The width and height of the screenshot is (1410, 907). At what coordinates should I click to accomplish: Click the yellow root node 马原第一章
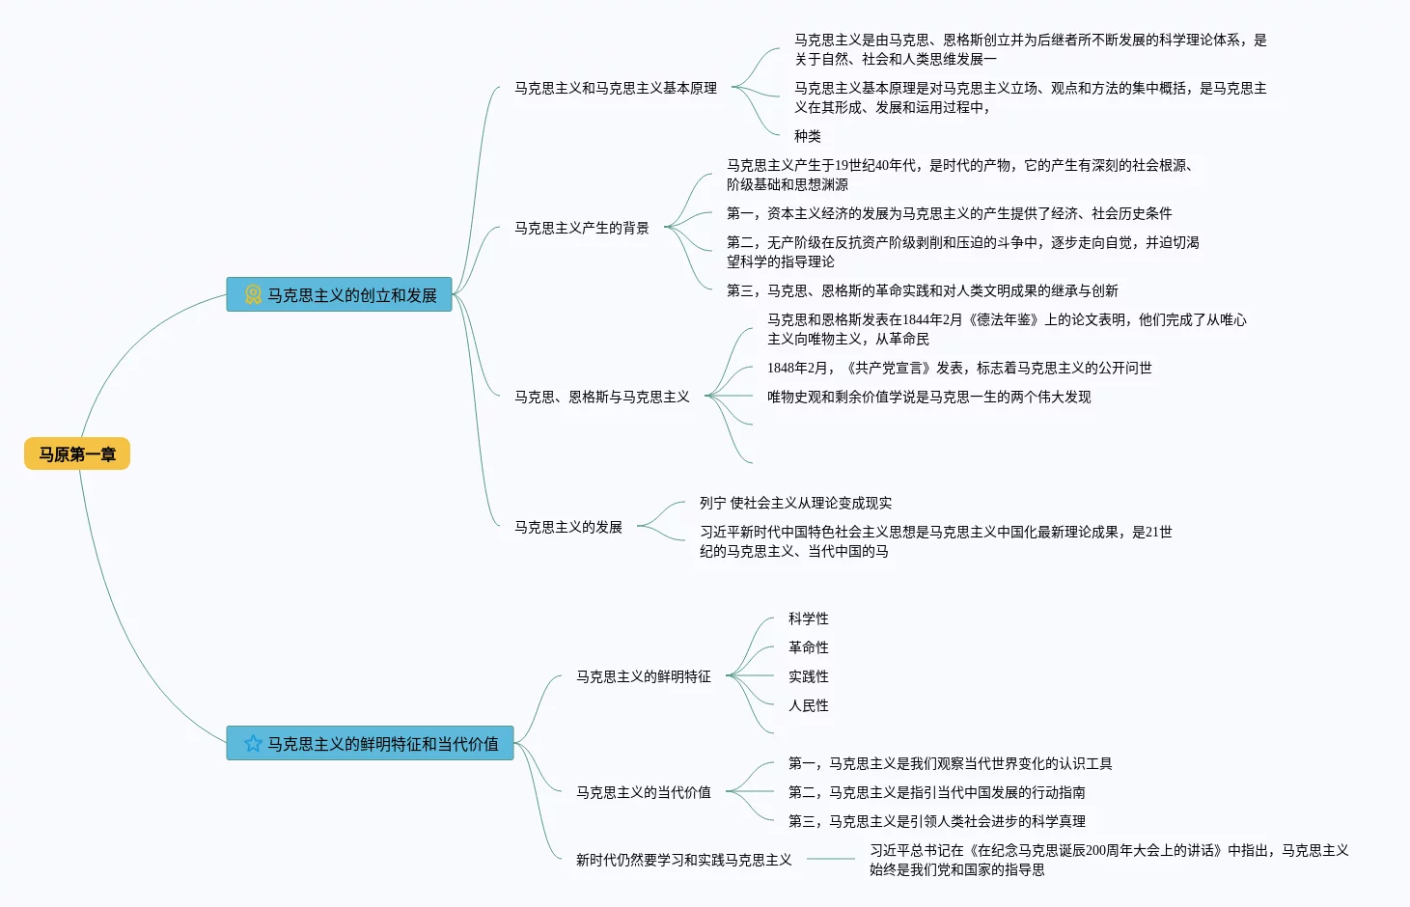77,453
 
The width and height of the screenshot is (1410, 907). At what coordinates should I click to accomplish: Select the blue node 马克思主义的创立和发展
340,294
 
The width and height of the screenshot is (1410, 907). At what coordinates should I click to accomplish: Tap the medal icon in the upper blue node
253,294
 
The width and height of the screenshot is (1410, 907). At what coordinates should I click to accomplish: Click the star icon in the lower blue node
253,743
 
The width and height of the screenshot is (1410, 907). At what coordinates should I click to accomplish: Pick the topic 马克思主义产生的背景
582,228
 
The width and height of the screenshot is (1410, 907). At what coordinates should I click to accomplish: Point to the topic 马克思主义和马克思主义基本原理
616,88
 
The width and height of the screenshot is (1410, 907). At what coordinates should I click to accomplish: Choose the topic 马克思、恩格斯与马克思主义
602,397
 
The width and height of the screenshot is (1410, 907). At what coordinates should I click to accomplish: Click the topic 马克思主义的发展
568,527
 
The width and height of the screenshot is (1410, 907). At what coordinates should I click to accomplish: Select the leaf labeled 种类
808,136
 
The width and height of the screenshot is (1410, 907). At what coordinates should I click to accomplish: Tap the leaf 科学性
808,618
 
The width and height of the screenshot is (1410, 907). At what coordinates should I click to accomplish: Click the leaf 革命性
808,647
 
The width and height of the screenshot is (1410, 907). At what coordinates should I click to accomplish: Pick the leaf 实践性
808,676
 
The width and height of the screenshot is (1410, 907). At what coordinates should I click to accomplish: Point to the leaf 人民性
808,705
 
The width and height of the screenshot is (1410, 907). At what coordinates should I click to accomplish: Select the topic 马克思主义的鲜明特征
644,676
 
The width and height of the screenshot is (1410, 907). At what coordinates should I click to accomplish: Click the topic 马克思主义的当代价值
644,792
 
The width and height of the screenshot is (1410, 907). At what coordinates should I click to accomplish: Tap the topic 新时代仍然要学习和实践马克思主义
683,860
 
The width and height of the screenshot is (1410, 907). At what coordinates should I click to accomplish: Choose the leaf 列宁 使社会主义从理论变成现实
795,503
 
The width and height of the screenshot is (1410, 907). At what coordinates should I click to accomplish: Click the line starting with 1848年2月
959,368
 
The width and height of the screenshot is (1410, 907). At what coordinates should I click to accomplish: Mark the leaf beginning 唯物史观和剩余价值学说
929,397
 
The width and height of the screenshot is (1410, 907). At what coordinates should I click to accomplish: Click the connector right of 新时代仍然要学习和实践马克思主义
831,859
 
